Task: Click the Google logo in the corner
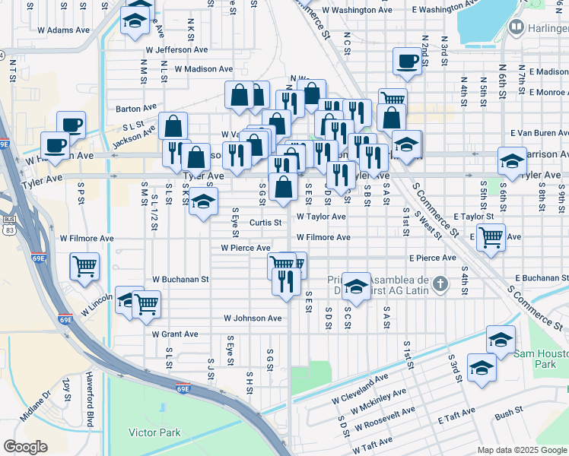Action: [x=26, y=447]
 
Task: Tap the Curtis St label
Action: [x=266, y=223]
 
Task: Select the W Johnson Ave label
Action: [x=253, y=318]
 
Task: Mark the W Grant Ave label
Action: [x=174, y=334]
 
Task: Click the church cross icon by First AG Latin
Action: [x=439, y=285]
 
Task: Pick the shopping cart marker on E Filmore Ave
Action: [x=491, y=236]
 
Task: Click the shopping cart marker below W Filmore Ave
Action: [x=84, y=265]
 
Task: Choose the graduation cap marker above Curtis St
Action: [x=203, y=201]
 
